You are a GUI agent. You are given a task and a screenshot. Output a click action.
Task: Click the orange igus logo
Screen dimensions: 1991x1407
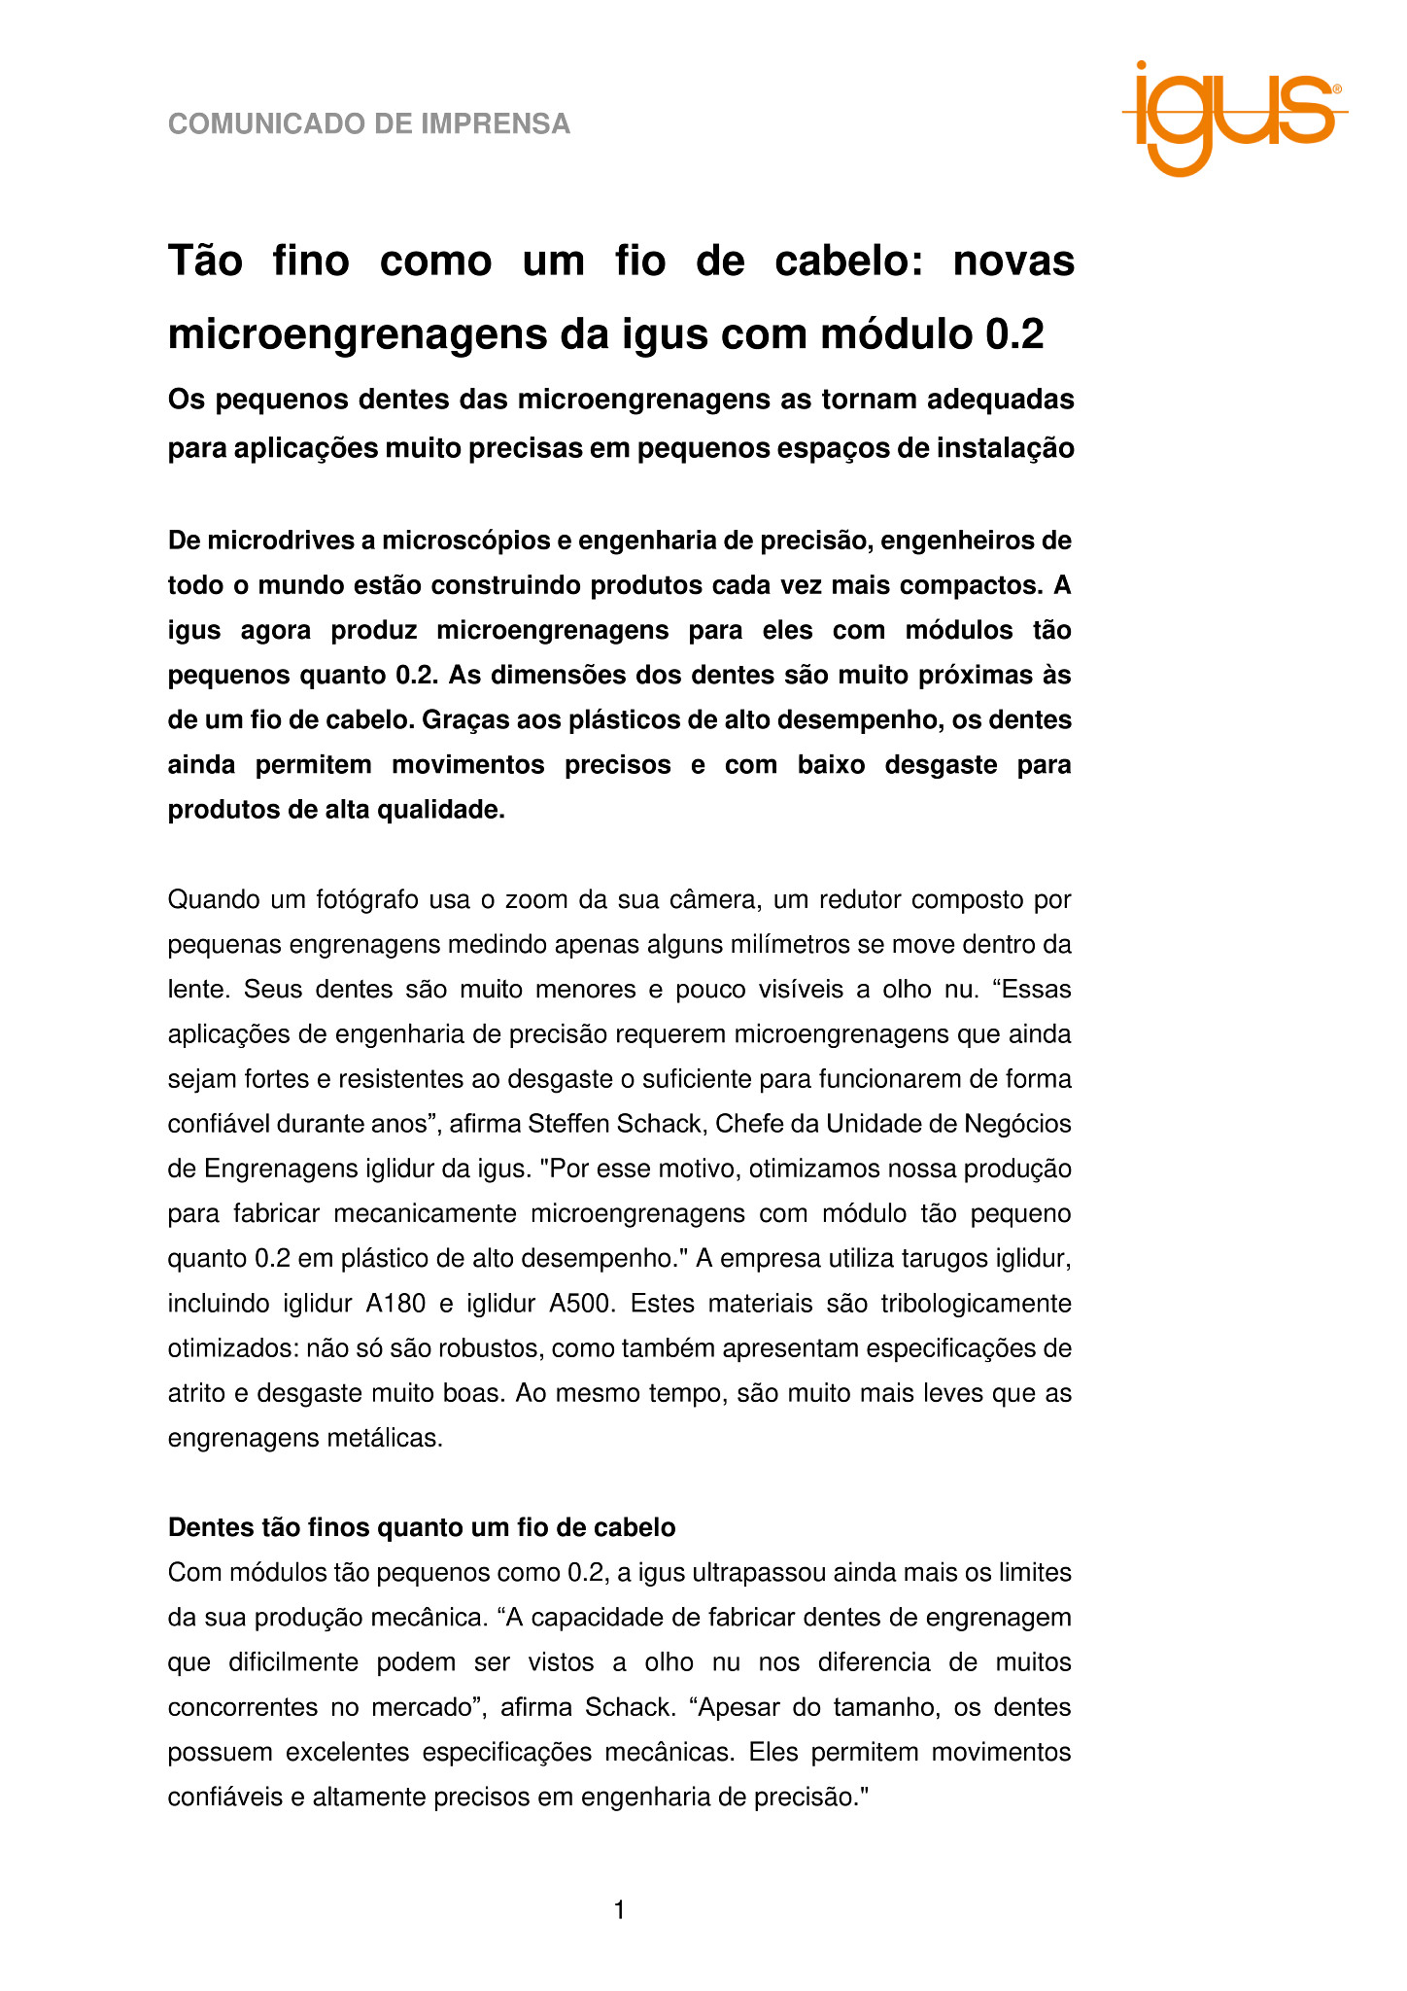click(1232, 119)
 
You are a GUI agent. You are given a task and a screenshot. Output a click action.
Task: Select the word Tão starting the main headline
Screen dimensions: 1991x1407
click(205, 262)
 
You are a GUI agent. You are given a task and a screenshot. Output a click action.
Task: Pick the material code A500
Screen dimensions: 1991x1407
click(582, 1304)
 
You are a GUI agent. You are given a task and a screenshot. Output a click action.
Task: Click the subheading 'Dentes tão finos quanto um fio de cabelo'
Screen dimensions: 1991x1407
click(422, 1527)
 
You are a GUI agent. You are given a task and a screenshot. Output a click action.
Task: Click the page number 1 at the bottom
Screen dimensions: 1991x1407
click(619, 1911)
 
